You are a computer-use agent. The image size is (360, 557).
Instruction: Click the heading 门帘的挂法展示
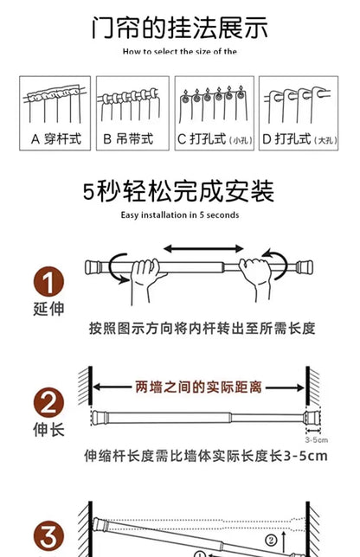179,28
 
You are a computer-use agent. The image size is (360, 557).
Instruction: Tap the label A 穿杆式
56,138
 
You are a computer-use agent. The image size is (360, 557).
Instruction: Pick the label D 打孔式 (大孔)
297,138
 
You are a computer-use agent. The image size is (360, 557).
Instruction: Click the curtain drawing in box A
56,105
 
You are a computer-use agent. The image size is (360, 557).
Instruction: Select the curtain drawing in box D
297,105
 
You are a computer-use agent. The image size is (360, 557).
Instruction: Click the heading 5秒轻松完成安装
179,191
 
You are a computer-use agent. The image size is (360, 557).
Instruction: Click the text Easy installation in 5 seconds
179,214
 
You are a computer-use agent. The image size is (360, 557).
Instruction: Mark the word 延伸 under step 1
48,309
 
